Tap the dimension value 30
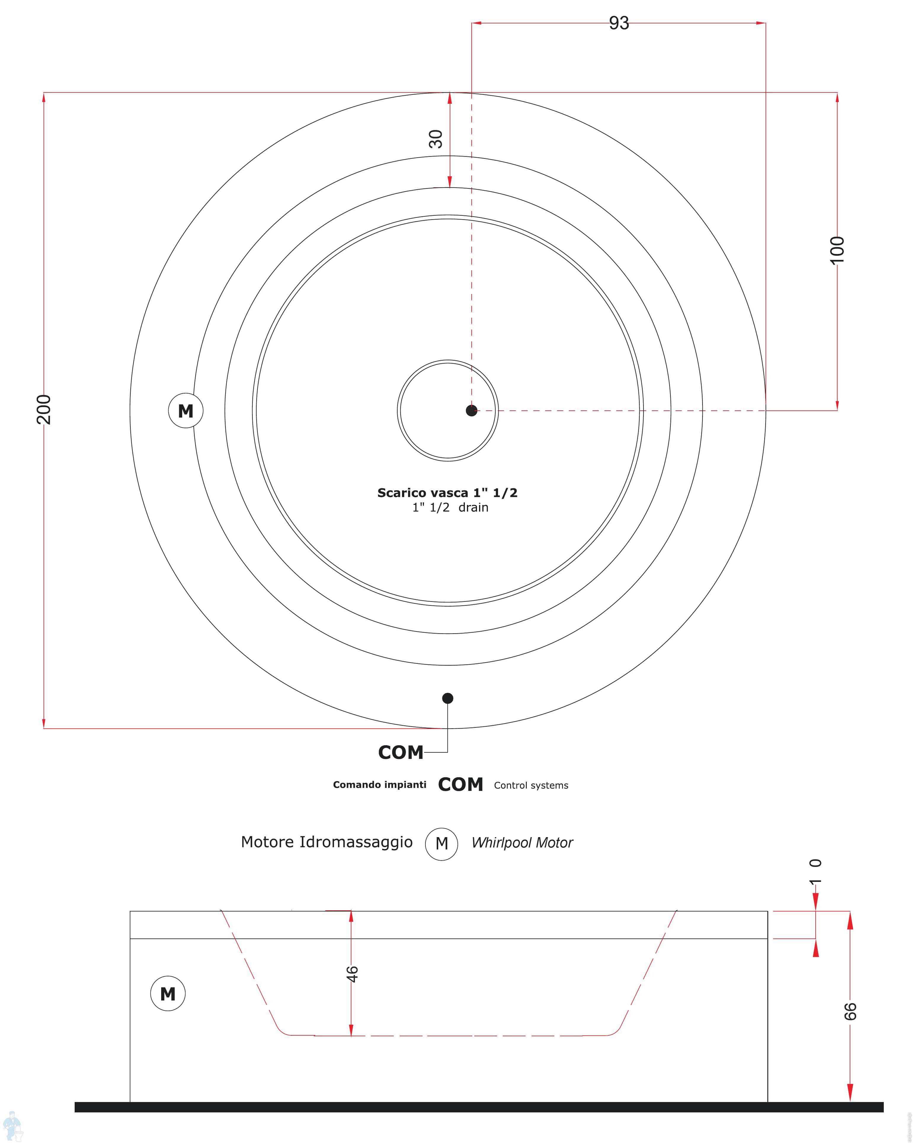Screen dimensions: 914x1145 [436, 139]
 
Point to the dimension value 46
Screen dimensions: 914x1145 [352, 974]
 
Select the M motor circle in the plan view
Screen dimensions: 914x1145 [185, 410]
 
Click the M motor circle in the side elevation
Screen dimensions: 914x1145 [168, 993]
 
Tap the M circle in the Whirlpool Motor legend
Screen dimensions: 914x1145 [441, 843]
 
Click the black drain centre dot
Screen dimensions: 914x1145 [471, 410]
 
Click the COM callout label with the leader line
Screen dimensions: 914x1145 [401, 753]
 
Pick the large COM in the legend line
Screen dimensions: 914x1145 [460, 784]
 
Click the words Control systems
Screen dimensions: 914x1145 [531, 786]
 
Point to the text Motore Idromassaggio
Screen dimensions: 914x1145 [326, 842]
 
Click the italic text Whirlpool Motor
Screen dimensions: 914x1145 [522, 843]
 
